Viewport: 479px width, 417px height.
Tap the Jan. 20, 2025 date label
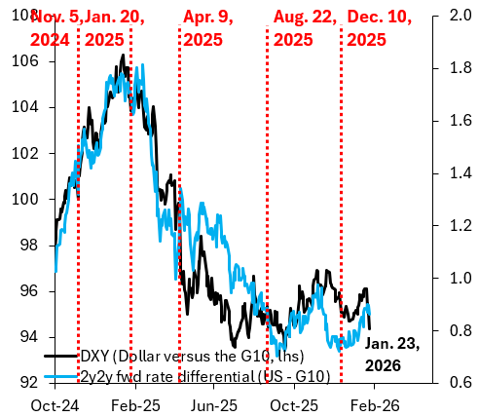click(x=116, y=27)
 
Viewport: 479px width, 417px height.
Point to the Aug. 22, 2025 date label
click(x=305, y=27)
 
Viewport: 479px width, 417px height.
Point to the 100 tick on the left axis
click(x=36, y=199)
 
